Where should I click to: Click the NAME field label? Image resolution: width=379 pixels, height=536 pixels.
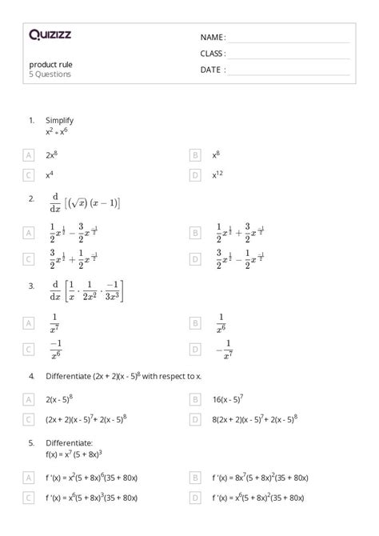[x=213, y=38]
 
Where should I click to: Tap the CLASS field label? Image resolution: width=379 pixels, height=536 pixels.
[x=213, y=54]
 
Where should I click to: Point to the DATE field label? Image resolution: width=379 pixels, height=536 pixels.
[x=212, y=70]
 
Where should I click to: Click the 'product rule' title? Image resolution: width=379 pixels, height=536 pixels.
[x=51, y=64]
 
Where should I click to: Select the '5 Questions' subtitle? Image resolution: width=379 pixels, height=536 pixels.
[x=50, y=74]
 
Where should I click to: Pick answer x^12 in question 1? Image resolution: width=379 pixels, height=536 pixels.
[x=217, y=174]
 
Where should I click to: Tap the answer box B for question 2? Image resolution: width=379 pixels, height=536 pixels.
[x=194, y=233]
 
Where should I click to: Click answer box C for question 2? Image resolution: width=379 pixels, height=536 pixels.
[x=29, y=258]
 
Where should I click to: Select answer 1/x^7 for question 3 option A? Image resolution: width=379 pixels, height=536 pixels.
[x=54, y=323]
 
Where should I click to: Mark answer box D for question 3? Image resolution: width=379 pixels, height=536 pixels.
[x=194, y=349]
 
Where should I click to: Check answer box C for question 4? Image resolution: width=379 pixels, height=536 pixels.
[x=29, y=418]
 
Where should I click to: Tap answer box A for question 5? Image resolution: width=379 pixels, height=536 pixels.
[x=29, y=478]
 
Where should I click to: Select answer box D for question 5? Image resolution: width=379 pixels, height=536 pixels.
[x=194, y=498]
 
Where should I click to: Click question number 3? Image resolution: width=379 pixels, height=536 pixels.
[x=31, y=285]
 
